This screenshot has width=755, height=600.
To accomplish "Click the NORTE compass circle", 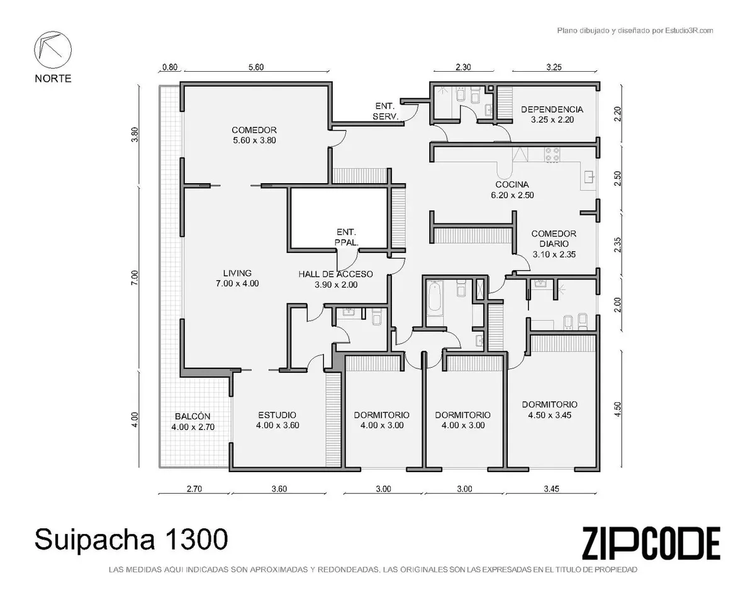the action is tap(53, 50).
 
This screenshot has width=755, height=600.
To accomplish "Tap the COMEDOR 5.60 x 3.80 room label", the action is tap(254, 135).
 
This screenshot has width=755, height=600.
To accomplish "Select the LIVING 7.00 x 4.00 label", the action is tap(237, 278).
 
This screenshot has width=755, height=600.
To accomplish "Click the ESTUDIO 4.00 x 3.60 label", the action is tap(277, 420).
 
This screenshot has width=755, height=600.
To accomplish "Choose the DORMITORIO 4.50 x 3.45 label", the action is tap(549, 410).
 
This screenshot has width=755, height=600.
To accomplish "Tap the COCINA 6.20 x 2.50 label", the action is tap(512, 190).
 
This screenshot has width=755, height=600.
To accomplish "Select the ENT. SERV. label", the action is tap(386, 111).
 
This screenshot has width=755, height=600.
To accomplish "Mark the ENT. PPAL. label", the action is tap(346, 237).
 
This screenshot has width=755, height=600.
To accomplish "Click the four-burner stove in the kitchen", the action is tap(552, 155).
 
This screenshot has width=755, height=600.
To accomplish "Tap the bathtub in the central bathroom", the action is tap(435, 298).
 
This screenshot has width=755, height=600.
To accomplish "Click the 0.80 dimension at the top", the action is tap(170, 67).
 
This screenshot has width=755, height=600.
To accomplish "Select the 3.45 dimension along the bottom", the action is tap(551, 489).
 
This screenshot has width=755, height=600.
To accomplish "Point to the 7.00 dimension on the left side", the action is tap(135, 278).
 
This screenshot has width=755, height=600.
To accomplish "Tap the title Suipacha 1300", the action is tap(131, 540).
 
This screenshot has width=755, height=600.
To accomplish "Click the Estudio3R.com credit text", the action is tap(635, 31).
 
